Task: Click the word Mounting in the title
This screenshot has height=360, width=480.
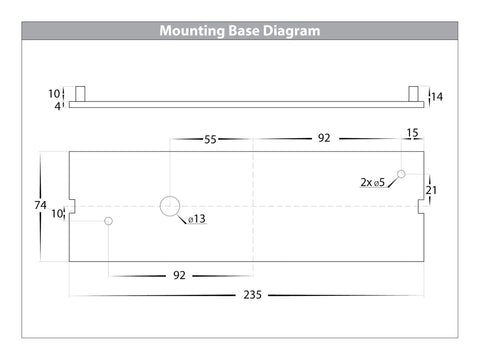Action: (192, 31)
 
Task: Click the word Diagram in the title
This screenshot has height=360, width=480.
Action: (291, 31)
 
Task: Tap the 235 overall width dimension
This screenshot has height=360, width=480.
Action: (252, 295)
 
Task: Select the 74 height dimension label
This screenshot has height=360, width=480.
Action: (40, 205)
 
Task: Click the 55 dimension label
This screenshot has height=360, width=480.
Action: (210, 139)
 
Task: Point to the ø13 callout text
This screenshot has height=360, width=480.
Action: (197, 219)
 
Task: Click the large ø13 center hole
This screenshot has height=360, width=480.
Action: (170, 206)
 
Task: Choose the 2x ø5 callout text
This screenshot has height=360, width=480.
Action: (373, 182)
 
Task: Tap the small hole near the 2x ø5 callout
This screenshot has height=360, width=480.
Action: (401, 174)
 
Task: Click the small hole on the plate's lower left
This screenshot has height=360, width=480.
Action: (108, 221)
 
